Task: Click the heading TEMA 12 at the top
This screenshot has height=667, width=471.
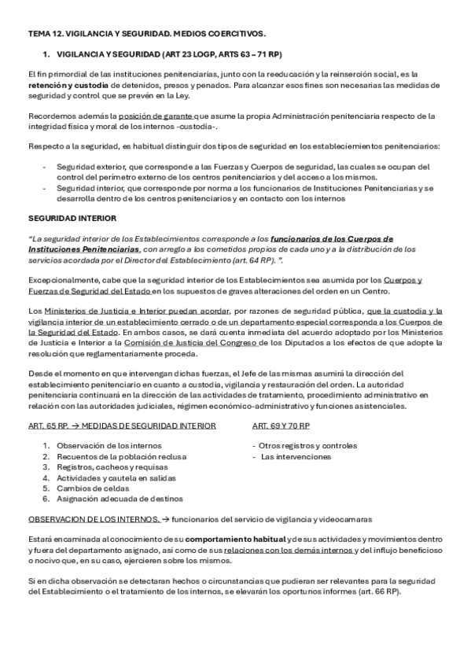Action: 146,33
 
